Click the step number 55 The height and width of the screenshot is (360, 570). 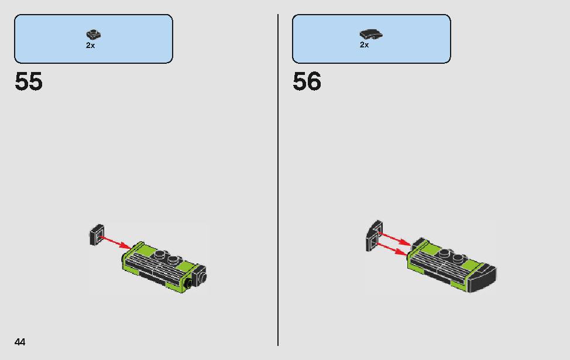pos(28,81)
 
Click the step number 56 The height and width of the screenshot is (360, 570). pos(307,81)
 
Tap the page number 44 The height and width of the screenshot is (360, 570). pos(20,342)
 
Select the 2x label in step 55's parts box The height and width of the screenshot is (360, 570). pos(91,46)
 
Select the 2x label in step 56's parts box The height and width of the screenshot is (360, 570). pos(364,44)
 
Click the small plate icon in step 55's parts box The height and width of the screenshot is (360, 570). pos(94,35)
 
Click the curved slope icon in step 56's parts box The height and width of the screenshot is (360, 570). pos(371,34)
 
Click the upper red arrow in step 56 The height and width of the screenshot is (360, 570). pos(394,238)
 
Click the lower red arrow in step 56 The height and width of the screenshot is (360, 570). pos(392,249)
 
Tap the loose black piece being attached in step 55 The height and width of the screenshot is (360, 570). pos(97,235)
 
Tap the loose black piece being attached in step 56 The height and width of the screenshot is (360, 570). pos(375,236)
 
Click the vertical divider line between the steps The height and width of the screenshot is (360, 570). pos(278,180)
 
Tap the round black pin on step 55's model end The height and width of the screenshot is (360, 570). pos(188,284)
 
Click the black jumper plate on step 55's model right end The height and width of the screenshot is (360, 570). pos(199,275)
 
